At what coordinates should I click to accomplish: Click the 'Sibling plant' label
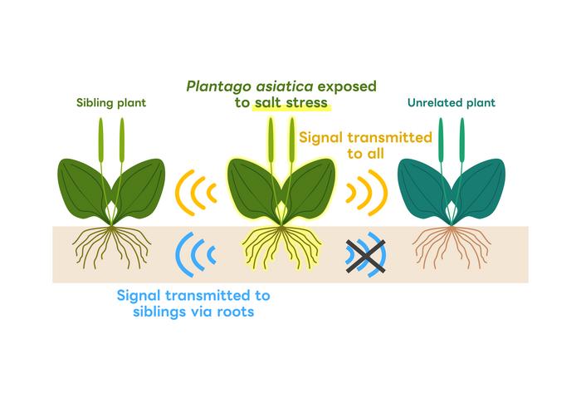pyautogui.click(x=110, y=104)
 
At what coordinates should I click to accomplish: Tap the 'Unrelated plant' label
pyautogui.click(x=452, y=104)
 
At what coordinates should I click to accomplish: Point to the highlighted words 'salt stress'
pyautogui.click(x=292, y=103)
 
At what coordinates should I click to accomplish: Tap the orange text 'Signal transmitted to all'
pyautogui.click(x=366, y=145)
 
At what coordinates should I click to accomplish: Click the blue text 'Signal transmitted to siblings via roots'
pyautogui.click(x=193, y=303)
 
